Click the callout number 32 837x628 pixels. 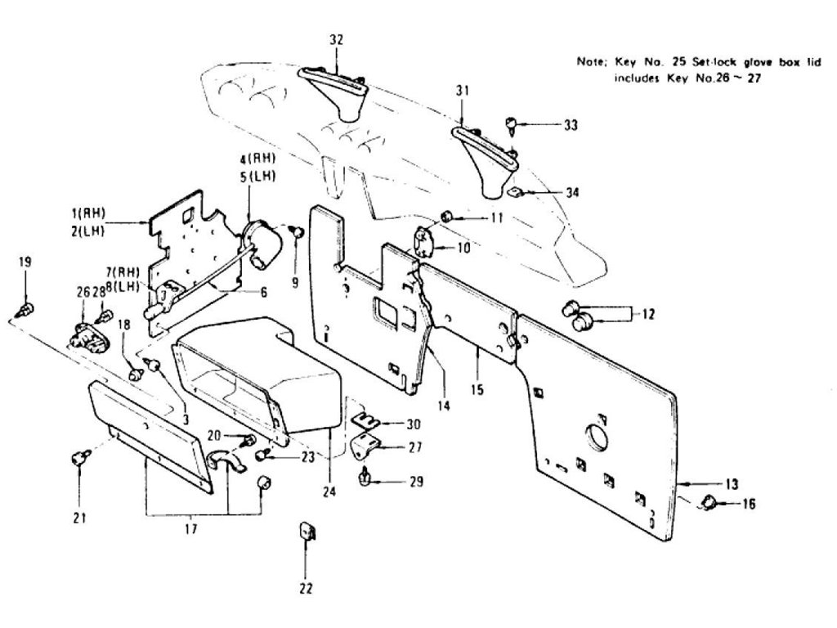tap(336, 39)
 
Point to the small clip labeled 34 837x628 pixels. tap(514, 193)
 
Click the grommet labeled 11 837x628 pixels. tap(448, 216)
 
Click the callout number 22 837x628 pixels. tap(306, 587)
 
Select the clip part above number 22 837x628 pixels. tap(306, 532)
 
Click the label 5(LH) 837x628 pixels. tap(262, 175)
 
